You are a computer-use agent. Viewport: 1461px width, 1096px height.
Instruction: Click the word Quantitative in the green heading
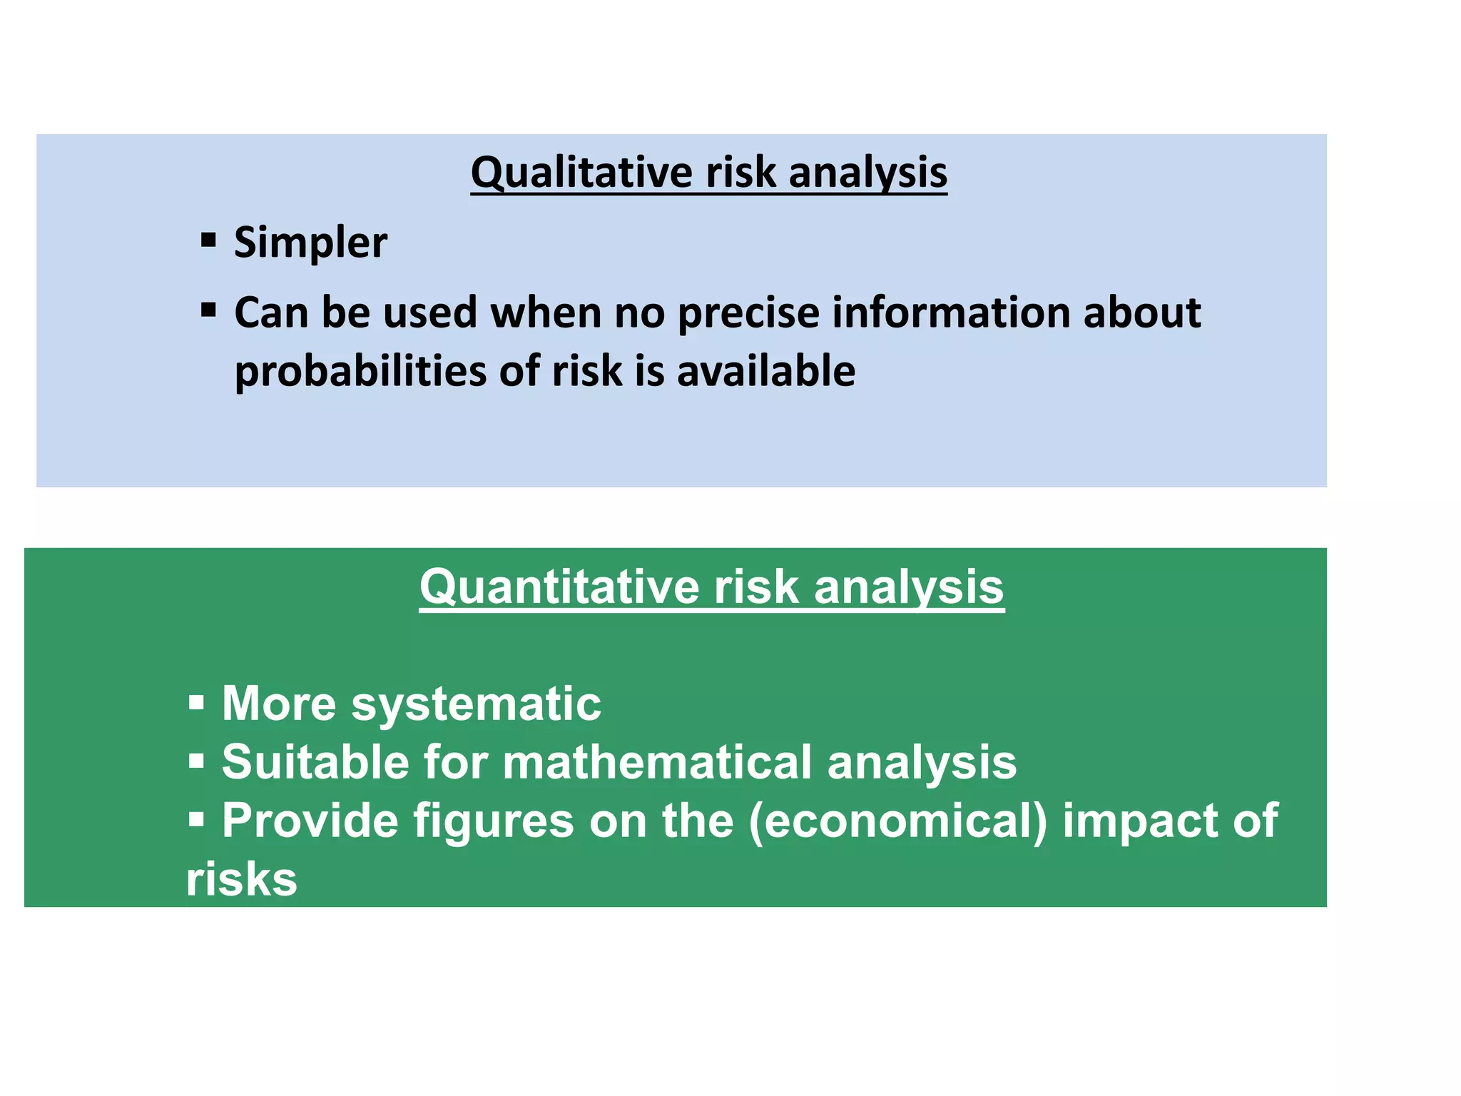(559, 587)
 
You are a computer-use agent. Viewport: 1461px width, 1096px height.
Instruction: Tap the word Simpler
(310, 243)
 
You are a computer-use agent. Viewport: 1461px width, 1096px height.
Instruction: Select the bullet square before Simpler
(208, 239)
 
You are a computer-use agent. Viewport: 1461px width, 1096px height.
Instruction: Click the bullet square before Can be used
(208, 310)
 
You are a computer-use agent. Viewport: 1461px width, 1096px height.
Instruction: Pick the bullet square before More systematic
(196, 702)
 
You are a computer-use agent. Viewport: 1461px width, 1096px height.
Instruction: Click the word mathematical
(657, 762)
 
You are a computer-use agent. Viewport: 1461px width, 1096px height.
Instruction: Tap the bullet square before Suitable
(196, 761)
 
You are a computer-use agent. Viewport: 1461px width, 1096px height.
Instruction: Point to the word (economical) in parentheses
(898, 821)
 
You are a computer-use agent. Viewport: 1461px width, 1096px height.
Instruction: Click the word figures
(494, 822)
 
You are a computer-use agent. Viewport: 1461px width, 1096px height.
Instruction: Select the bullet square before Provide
(196, 819)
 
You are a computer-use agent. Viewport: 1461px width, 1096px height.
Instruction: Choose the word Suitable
(316, 762)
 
